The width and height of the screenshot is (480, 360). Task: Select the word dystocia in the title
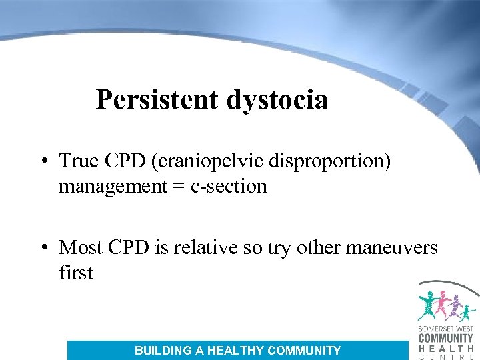[277, 101]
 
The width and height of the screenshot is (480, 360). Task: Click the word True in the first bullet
[79, 161]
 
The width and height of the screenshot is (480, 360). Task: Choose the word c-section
[229, 186]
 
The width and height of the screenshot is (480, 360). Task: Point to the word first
[75, 272]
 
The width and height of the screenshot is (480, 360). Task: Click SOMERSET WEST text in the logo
[446, 330]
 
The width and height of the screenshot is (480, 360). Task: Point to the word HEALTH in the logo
[446, 348]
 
